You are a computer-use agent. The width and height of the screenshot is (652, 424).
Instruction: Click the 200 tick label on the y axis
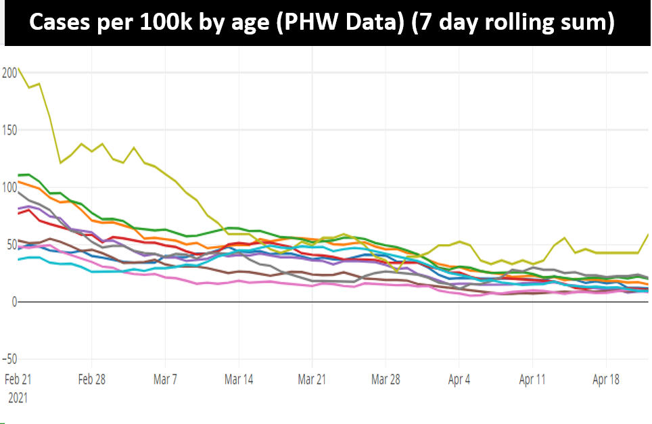coord(9,72)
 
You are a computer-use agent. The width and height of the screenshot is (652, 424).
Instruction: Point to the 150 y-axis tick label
coord(9,130)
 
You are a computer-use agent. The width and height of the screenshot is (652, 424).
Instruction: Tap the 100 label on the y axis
coord(9,187)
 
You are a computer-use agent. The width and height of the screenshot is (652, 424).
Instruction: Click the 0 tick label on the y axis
coord(5,302)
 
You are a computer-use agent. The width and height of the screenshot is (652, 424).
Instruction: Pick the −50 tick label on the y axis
coord(9,359)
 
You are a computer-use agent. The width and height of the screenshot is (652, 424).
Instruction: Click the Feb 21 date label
coord(18,379)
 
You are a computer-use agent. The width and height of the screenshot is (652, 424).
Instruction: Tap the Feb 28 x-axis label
coord(91,379)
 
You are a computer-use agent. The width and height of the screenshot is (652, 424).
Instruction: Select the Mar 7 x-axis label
coord(165,379)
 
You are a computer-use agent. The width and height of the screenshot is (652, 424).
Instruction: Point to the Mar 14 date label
coord(239,379)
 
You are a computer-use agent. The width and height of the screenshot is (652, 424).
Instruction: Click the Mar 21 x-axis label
coord(312,379)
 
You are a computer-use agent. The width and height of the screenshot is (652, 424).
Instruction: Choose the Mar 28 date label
coord(386,379)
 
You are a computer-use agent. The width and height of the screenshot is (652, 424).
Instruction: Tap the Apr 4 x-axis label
coord(459,379)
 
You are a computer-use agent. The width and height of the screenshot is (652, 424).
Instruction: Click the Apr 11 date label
coord(533,379)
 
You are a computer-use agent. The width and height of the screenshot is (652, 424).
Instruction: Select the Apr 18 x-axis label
coord(606,379)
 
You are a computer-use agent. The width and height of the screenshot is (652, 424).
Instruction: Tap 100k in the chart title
coord(166,24)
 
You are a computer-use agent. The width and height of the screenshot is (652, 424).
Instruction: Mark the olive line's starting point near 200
coord(18,68)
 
